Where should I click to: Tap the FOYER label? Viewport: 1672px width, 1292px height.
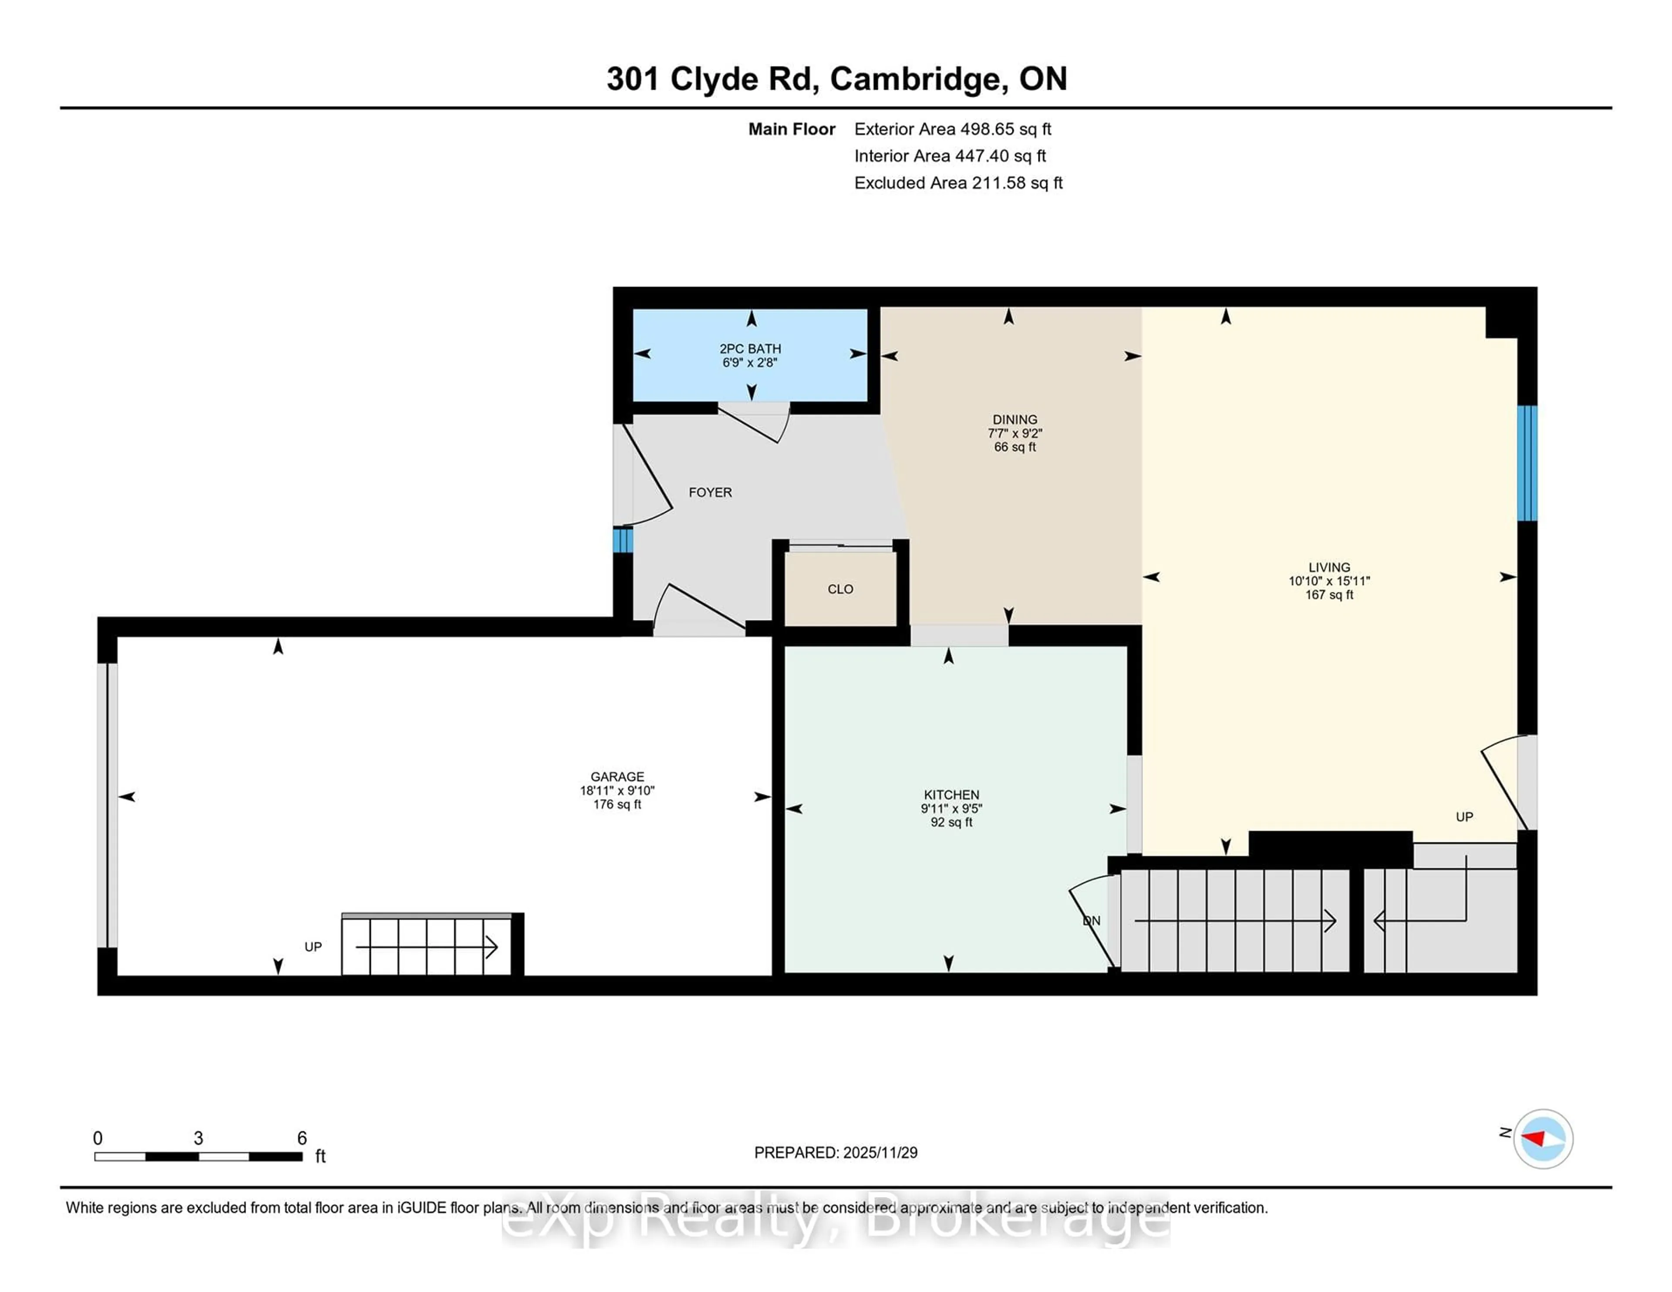(710, 493)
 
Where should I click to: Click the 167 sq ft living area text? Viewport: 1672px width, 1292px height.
(1329, 595)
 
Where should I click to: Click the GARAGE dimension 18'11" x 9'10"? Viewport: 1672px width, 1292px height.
(617, 791)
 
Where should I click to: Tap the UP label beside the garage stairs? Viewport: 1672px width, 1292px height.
(313, 947)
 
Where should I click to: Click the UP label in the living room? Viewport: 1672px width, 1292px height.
(1464, 817)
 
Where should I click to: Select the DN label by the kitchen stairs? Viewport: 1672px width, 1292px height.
(1092, 921)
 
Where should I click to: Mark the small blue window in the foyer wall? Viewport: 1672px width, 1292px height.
(622, 540)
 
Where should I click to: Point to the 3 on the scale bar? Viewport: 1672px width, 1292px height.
(198, 1138)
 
